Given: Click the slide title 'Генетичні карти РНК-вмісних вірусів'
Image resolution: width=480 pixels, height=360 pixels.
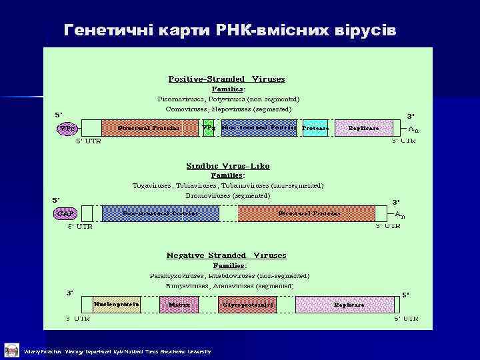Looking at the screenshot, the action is pyautogui.click(x=230, y=30).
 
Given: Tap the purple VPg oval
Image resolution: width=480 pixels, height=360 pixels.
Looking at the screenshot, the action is pyautogui.click(x=67, y=128).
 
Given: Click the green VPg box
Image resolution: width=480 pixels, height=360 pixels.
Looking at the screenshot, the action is pyautogui.click(x=209, y=128).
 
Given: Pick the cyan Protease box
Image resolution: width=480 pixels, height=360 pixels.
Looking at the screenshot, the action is pyautogui.click(x=315, y=128).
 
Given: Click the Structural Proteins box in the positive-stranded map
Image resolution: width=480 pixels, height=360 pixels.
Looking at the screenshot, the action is pyautogui.click(x=149, y=128).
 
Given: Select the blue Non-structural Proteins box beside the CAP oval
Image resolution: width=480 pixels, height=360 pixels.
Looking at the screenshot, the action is pyautogui.click(x=160, y=213).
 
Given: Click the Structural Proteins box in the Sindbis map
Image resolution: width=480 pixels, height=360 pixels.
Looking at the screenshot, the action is pyautogui.click(x=309, y=213).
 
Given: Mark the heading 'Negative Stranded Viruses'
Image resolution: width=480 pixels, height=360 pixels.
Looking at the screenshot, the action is pyautogui.click(x=227, y=255).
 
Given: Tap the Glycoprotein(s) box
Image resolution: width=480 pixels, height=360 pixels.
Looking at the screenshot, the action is pyautogui.click(x=251, y=304).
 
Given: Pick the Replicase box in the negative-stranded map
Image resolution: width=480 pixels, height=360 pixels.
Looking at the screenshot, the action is pyautogui.click(x=349, y=304).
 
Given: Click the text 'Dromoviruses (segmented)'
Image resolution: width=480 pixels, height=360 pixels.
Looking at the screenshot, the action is pyautogui.click(x=228, y=196).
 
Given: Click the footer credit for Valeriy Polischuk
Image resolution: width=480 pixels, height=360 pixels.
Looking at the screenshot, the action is pyautogui.click(x=117, y=351).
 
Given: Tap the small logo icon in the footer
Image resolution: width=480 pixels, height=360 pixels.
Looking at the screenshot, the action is pyautogui.click(x=11, y=349).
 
